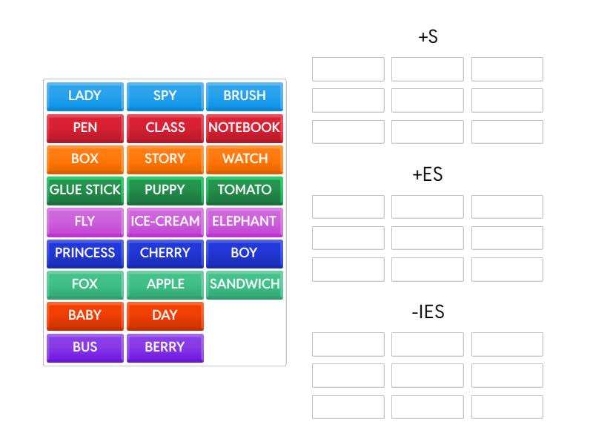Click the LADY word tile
85,96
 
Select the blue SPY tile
165,96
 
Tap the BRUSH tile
245,96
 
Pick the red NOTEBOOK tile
245,128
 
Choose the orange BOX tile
85,159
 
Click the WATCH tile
245,159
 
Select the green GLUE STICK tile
85,190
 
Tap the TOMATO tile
245,190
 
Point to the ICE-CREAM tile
165,221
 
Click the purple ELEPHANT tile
245,221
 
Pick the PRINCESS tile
85,253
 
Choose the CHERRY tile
165,253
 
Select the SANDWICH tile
245,284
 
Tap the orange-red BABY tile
85,315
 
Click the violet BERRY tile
165,347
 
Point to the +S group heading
428,37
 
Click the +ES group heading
428,175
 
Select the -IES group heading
428,312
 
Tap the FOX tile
85,284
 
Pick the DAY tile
165,315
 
